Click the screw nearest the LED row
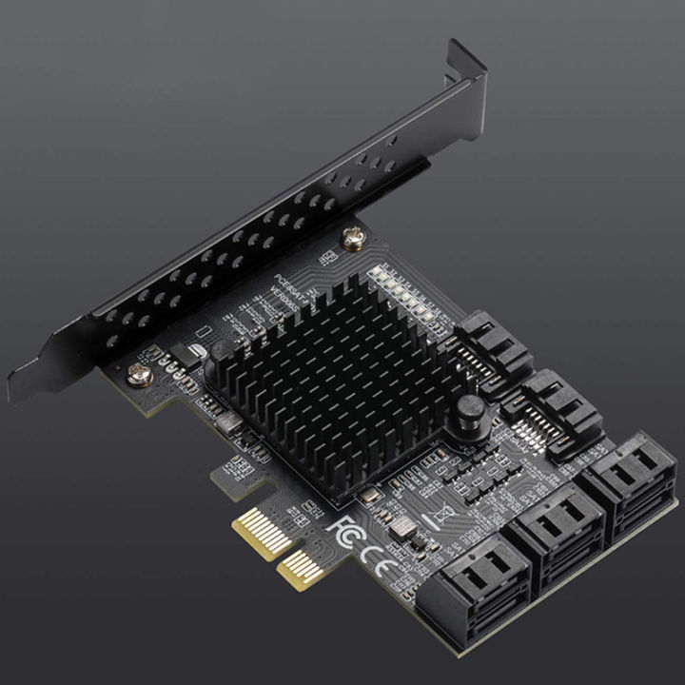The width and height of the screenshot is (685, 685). [353, 241]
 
